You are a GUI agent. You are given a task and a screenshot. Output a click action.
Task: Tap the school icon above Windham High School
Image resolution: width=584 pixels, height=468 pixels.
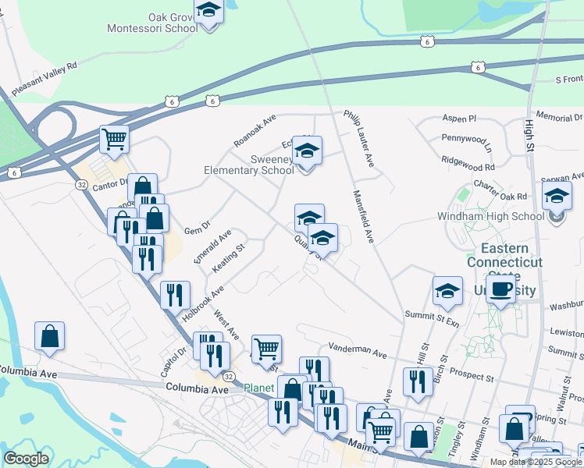coord(557,195)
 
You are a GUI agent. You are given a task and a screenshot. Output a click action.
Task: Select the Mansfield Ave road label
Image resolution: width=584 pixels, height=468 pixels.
coord(365,217)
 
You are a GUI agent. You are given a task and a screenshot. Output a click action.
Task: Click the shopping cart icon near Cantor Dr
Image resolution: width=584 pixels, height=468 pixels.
coord(114,140)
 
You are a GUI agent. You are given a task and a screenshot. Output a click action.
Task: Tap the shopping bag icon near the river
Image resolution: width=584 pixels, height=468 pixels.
coord(50,336)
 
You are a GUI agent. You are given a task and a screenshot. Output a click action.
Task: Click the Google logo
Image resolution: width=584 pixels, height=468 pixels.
coord(26,458)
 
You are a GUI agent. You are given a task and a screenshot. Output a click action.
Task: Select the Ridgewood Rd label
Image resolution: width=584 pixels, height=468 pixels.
coord(468,167)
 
